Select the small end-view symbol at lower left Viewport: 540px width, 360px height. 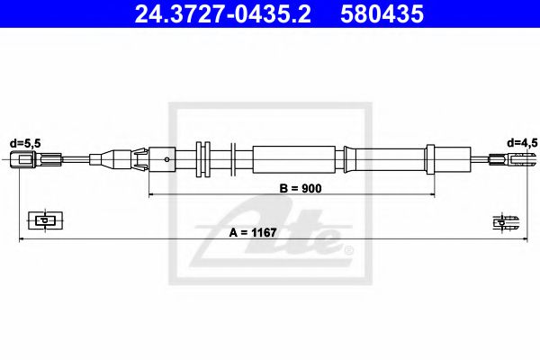point(43,219)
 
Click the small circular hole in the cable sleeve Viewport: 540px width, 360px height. point(168,161)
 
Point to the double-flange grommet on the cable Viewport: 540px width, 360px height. point(202,160)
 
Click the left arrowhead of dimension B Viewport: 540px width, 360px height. point(151,194)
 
